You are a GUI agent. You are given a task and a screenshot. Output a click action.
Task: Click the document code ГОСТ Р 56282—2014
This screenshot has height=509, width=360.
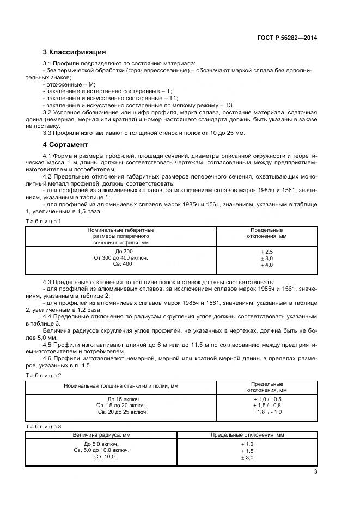point(288,38)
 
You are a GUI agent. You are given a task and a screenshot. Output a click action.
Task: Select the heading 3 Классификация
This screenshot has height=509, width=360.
point(74,53)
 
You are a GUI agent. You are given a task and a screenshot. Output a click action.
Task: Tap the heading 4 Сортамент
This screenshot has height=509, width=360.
point(65,145)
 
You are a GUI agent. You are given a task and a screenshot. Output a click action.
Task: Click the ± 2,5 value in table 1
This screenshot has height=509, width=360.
point(266,253)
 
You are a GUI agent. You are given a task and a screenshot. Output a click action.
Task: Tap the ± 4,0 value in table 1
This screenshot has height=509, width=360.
point(266,265)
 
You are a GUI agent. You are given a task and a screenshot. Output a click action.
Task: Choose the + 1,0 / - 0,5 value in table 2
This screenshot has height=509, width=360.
point(267,400)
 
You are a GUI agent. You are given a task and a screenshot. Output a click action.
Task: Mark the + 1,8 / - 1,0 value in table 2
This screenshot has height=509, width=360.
point(267,412)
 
